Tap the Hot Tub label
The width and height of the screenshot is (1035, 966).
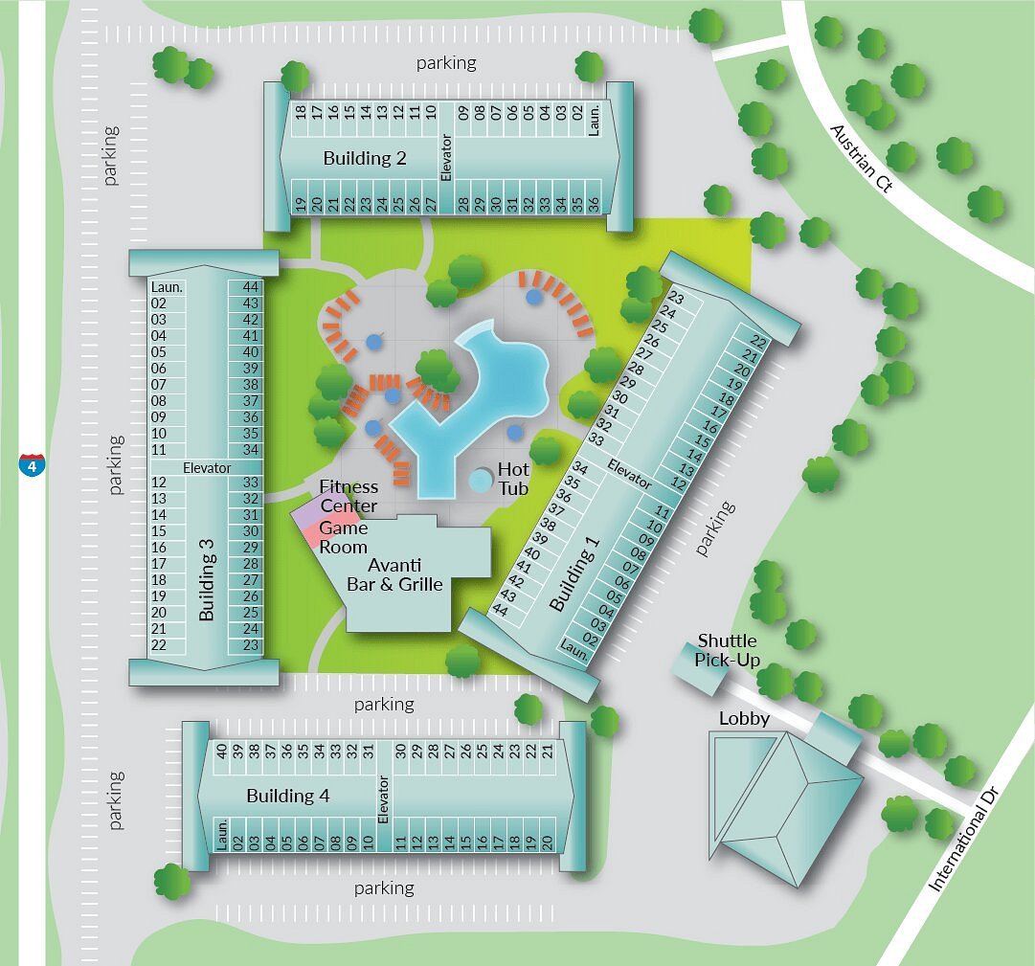click(513, 480)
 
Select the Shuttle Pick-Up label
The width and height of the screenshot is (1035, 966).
click(727, 649)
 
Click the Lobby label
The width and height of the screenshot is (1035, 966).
click(744, 718)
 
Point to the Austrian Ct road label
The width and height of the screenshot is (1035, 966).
click(861, 158)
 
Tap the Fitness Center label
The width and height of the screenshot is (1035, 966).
click(349, 496)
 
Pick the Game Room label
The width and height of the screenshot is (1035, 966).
click(343, 537)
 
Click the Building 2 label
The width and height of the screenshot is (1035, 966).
click(365, 158)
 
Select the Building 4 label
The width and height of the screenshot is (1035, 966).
click(288, 796)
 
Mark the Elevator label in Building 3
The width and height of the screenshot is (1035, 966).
click(207, 468)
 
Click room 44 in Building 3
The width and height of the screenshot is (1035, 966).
click(252, 287)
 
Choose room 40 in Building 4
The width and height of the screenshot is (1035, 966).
click(221, 752)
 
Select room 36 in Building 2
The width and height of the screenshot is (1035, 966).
click(593, 204)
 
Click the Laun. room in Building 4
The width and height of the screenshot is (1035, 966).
click(221, 835)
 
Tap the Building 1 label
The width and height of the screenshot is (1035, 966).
click(574, 573)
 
